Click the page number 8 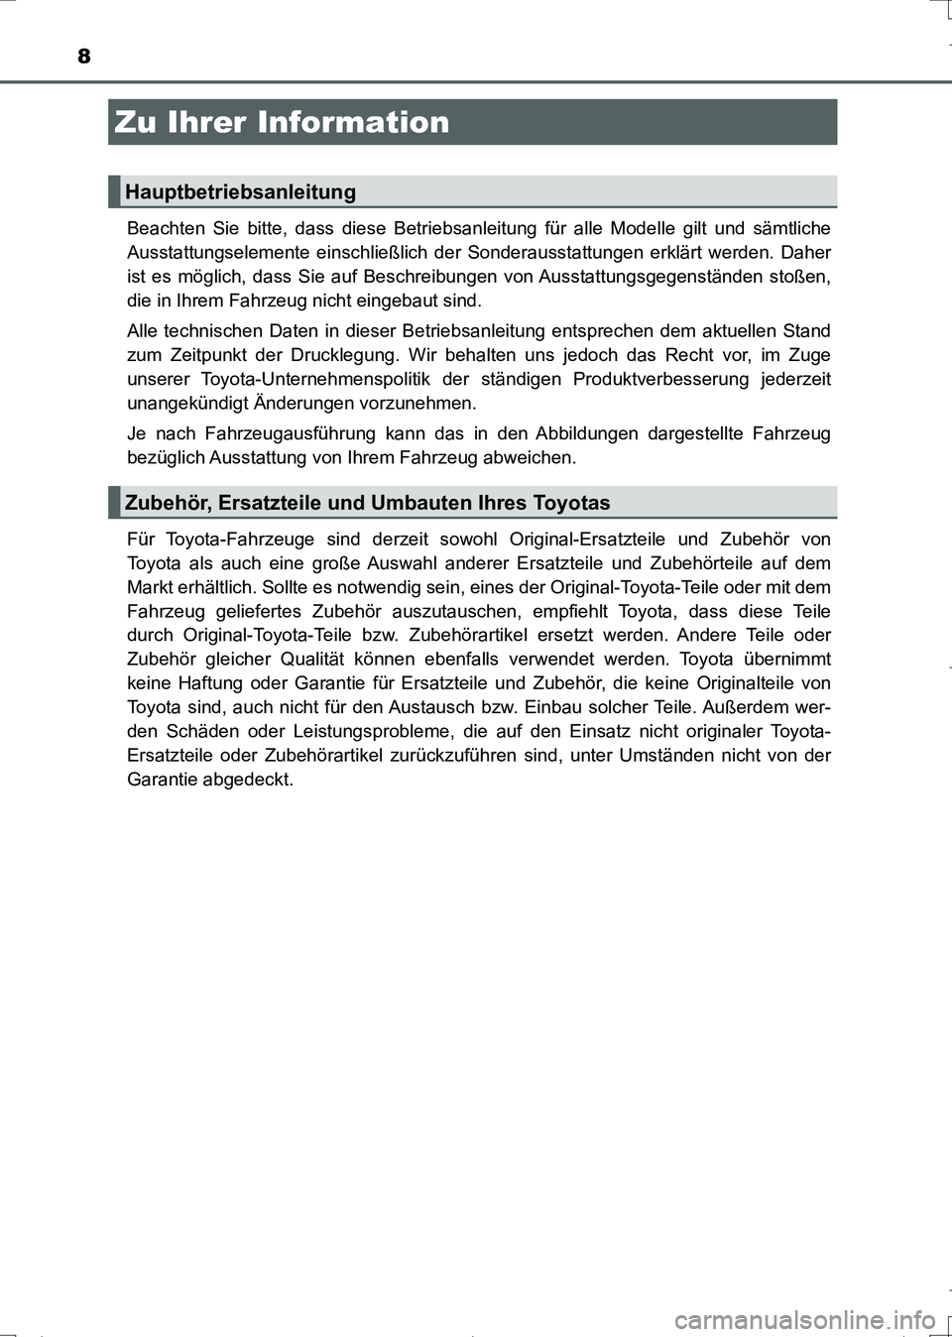coord(84,56)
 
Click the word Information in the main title coord(353,122)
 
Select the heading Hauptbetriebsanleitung coord(240,191)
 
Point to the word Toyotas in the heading coord(571,503)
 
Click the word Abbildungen coord(586,433)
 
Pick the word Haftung coord(210,683)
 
